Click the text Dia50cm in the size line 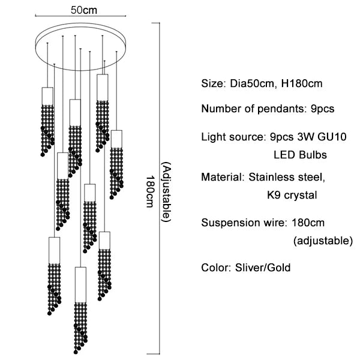pos(250,83)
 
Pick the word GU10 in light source pos(332,137)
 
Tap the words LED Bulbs pos(300,154)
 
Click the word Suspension pos(228,223)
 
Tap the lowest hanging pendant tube pos(80,283)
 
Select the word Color pos(215,267)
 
